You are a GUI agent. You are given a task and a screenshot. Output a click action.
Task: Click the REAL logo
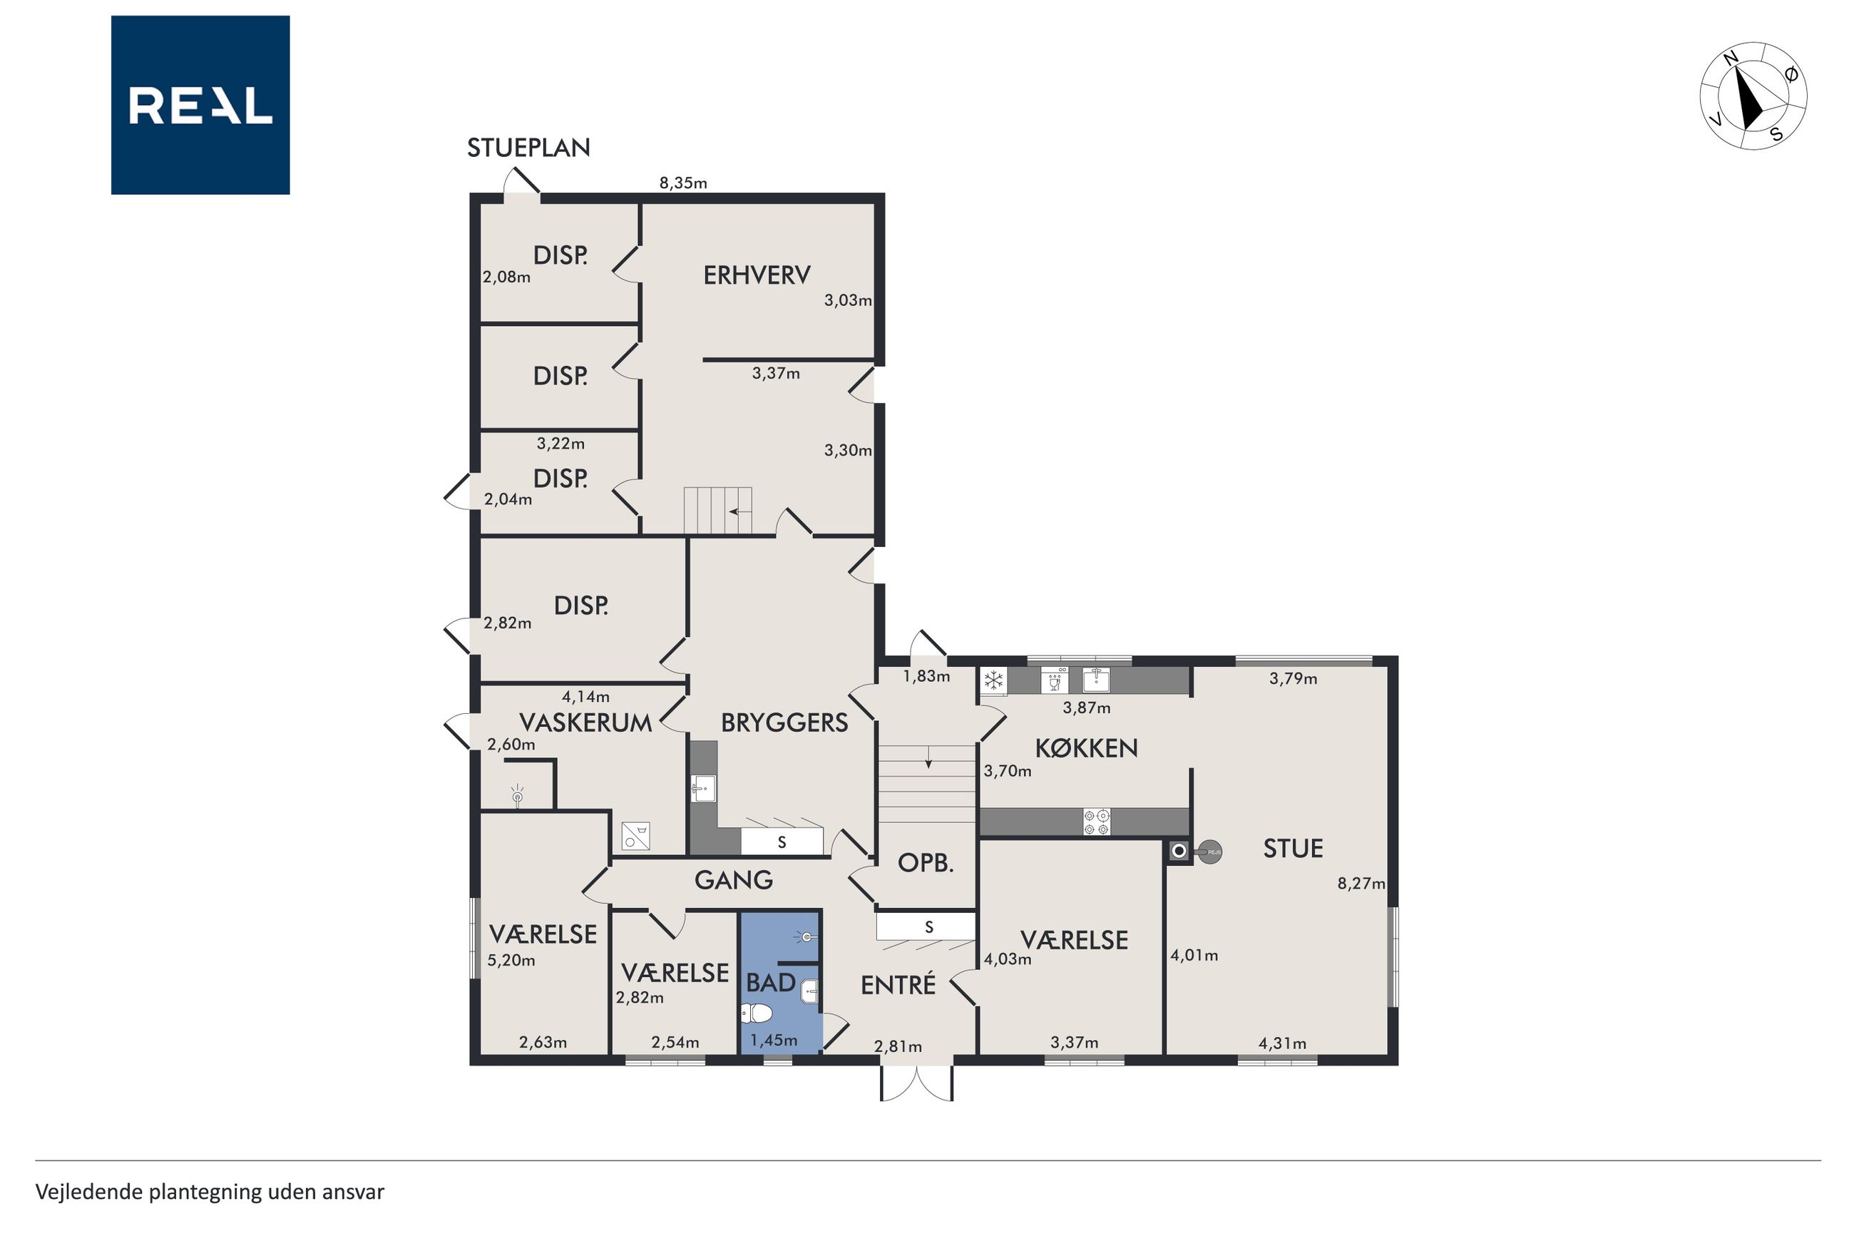coord(200,105)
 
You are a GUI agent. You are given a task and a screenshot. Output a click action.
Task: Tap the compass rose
coord(1753,96)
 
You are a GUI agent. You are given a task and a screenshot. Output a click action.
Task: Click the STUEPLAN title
coord(528,148)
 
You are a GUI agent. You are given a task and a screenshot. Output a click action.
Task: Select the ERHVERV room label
coord(757,275)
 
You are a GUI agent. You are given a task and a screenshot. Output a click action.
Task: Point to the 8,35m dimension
coord(683,183)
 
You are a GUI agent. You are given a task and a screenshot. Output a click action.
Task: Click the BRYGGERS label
coord(784,722)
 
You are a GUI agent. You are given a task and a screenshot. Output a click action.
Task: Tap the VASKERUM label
coord(585,722)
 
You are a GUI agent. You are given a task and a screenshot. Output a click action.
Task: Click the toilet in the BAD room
coord(756,1012)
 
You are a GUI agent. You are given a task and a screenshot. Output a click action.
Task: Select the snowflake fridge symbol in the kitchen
coord(993,680)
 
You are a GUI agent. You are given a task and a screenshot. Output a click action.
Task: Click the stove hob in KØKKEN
coord(1096,822)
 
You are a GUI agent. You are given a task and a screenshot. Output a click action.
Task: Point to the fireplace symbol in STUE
coord(1193,852)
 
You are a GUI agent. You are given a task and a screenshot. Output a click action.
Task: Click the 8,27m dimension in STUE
coord(1361,884)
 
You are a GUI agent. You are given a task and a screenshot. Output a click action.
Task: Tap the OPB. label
coord(926,862)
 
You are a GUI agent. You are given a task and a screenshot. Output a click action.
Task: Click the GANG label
coord(733,879)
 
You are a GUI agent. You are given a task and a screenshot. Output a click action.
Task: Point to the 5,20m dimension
coord(511,960)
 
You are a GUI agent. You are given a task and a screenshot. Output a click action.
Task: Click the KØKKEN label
coord(1087,747)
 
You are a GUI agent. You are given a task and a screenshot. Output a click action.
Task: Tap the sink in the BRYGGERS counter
coord(704,788)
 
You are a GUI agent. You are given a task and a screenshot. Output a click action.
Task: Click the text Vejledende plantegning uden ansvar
coord(210,1191)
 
